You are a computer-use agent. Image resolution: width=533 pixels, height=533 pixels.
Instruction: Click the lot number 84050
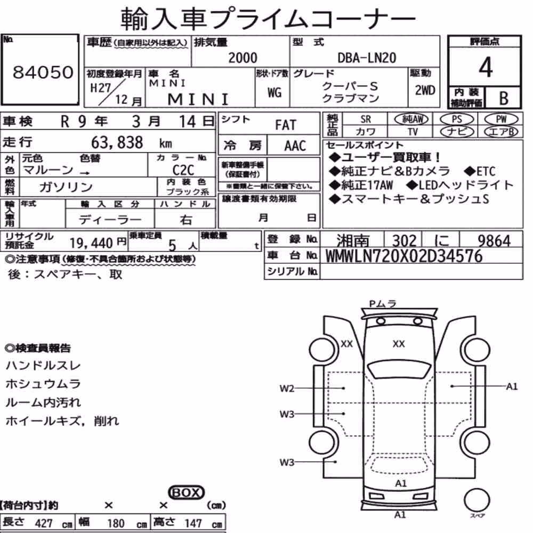43,72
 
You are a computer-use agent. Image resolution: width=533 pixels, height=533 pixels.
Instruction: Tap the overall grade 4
486,67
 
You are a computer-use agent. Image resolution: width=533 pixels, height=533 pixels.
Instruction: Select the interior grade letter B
504,98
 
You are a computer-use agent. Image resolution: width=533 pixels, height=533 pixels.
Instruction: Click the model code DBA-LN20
367,58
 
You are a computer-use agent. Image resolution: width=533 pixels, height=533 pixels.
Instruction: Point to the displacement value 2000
243,58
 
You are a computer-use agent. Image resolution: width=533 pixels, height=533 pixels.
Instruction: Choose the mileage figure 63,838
117,142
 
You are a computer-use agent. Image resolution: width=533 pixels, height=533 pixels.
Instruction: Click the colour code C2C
183,170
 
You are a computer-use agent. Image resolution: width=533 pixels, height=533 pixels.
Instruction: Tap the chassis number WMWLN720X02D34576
404,256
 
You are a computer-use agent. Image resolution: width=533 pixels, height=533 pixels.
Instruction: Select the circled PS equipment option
457,119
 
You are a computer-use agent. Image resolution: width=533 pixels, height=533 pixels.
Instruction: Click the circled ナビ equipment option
457,132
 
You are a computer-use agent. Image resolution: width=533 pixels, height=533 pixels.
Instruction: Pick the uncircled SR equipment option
366,119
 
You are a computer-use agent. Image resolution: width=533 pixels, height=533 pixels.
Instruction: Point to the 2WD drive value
425,91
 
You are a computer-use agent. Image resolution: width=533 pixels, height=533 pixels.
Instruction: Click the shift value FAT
286,125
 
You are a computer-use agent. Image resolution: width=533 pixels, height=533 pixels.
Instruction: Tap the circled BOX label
186,492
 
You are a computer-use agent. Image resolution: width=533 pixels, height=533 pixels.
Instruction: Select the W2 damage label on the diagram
287,388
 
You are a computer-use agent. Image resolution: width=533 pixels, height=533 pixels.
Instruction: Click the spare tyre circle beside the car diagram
477,500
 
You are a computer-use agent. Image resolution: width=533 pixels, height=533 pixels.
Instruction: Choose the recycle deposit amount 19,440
91,243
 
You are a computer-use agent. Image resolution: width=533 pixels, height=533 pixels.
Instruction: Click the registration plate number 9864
494,241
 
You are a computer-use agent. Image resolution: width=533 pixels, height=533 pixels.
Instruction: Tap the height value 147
193,523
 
